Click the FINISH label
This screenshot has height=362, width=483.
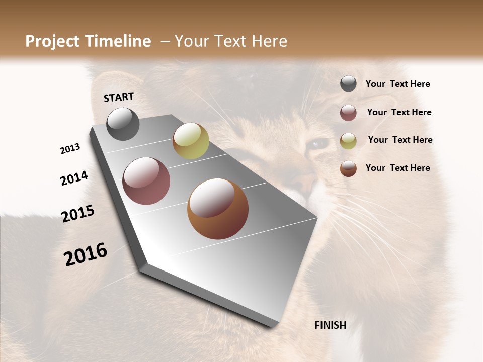click(330, 325)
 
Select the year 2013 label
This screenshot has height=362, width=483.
click(70, 149)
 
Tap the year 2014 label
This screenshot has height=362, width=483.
click(74, 178)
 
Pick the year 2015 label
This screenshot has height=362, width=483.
click(78, 214)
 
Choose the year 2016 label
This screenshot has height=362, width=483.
click(86, 254)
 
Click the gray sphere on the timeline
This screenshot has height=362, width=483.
click(123, 124)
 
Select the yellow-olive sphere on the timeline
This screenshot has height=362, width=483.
click(191, 141)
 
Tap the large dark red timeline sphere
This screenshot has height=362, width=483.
click(146, 181)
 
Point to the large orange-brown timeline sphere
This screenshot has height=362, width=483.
click(218, 209)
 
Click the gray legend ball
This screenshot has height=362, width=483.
click(348, 84)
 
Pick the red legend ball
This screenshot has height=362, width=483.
click(348, 113)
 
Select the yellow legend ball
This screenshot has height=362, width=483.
click(348, 141)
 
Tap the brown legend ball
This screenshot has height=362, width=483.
click(348, 168)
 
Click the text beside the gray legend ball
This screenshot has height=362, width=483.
click(397, 84)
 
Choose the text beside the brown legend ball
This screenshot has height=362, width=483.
click(397, 168)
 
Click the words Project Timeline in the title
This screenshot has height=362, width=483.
click(88, 41)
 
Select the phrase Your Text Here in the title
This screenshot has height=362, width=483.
click(230, 41)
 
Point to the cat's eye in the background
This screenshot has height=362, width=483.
click(317, 144)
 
